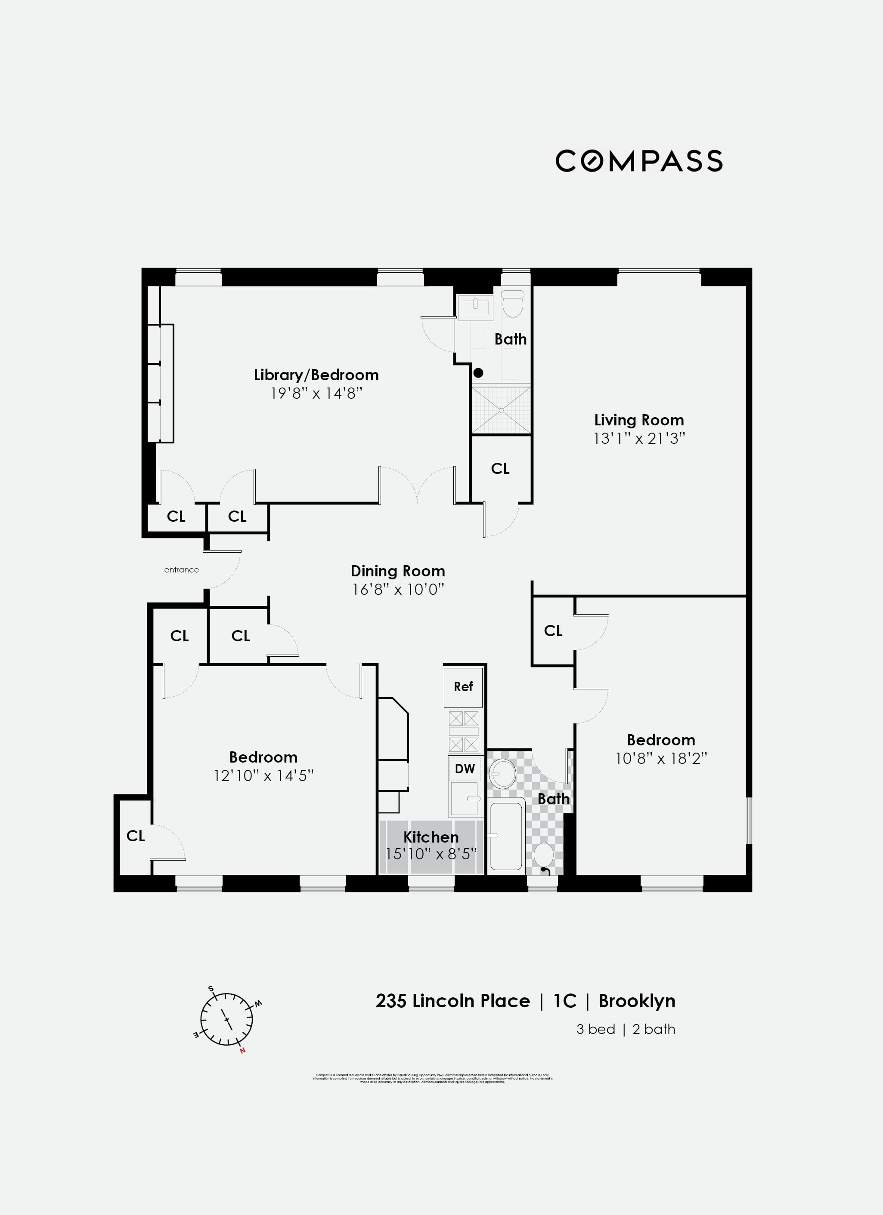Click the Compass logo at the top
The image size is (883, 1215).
(638, 161)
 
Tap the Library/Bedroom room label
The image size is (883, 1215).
(316, 375)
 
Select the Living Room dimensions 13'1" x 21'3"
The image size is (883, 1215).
(639, 439)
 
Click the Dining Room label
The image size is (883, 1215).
(398, 571)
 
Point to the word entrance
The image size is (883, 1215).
(181, 569)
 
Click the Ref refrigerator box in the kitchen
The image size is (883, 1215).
(463, 687)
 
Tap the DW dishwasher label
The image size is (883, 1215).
(464, 769)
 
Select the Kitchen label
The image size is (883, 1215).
(431, 837)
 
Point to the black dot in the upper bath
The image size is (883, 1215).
(478, 372)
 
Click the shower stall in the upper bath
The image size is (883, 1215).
(501, 410)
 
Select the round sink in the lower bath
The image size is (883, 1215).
(503, 773)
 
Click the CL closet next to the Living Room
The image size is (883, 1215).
(500, 469)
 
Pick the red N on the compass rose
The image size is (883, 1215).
(242, 1051)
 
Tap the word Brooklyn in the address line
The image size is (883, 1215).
(637, 1001)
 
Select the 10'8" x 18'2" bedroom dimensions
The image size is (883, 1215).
(661, 758)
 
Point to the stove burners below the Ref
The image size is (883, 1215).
(463, 731)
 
